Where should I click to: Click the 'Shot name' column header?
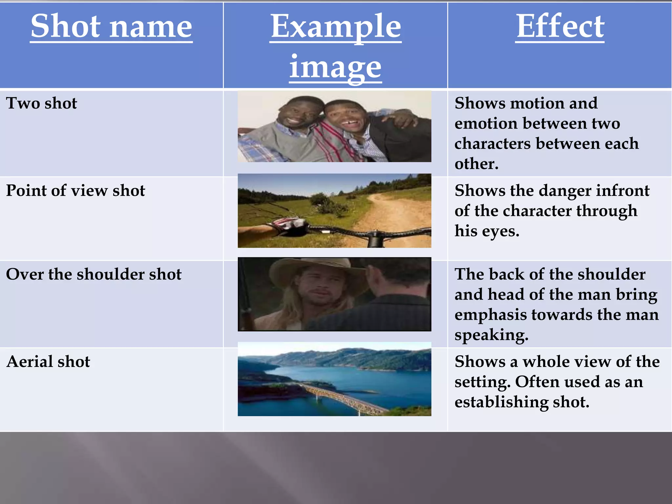coord(111,26)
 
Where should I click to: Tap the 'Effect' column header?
coord(560,26)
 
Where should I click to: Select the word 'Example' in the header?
coord(335,26)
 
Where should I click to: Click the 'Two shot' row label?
coord(42,103)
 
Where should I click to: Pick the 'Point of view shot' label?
coord(75,191)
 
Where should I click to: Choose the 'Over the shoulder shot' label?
coord(94,274)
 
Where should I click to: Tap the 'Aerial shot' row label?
coord(48,362)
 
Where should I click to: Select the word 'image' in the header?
coord(335,67)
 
